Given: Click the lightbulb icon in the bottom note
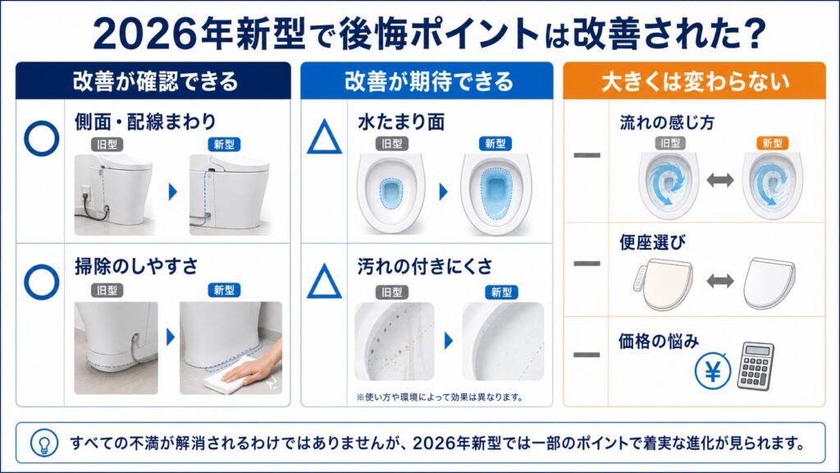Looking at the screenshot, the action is coord(43,443).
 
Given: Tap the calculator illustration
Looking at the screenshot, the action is coord(756,366).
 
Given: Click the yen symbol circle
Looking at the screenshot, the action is coord(713,370).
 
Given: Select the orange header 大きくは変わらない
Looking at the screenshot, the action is coord(694,81).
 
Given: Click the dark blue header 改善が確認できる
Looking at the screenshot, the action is coord(153,81).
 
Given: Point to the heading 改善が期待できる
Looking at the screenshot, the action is coord(428,81).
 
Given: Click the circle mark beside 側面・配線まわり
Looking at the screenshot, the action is coord(41,138).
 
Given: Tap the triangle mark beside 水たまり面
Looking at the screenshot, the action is coord(324,137).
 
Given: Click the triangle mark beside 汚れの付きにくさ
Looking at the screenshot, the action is coord(324,282).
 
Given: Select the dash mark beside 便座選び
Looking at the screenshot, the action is coord(587,264).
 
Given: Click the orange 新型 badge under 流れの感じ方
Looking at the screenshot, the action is coord(772,143).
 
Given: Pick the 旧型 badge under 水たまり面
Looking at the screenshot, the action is coord(391,144).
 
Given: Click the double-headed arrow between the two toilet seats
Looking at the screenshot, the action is coord(720,281).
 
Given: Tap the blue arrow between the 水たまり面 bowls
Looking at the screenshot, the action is coord(444,191).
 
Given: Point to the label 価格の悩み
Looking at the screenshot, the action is coord(659,341).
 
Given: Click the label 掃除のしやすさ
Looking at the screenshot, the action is coord(136,266).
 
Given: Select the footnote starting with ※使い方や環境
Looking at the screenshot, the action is coord(440,397).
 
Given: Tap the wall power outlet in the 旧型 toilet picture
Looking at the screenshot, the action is coord(84,191).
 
